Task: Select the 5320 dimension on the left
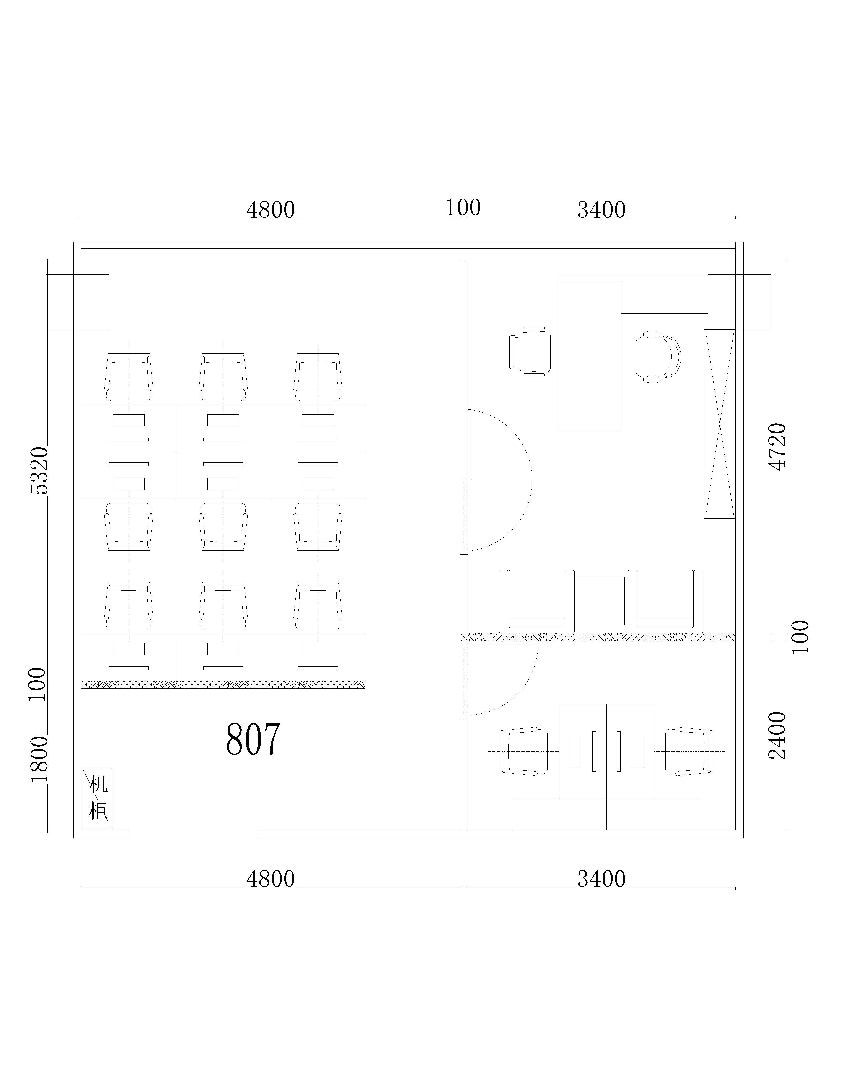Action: pos(39,471)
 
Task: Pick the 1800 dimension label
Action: pos(39,759)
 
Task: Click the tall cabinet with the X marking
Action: pos(719,424)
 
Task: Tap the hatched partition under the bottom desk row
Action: pos(223,684)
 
